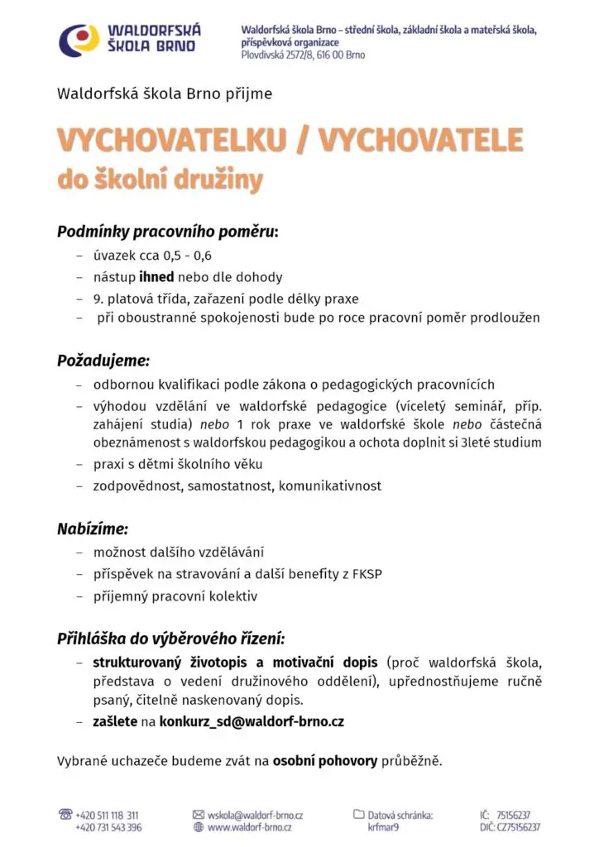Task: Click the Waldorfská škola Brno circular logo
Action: coord(80,39)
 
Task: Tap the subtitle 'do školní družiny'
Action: coord(160,179)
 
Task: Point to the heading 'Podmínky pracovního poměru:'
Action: coord(167,232)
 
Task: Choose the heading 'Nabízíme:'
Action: coord(93,529)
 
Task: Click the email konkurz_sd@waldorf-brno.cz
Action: coord(252,721)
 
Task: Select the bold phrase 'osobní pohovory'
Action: coord(325,760)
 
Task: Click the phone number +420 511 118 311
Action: coord(107,815)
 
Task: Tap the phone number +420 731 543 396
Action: coord(108,827)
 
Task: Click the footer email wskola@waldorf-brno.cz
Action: coord(255,815)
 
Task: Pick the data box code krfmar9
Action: coord(384,827)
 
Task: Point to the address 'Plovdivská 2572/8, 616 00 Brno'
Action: coord(302,55)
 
